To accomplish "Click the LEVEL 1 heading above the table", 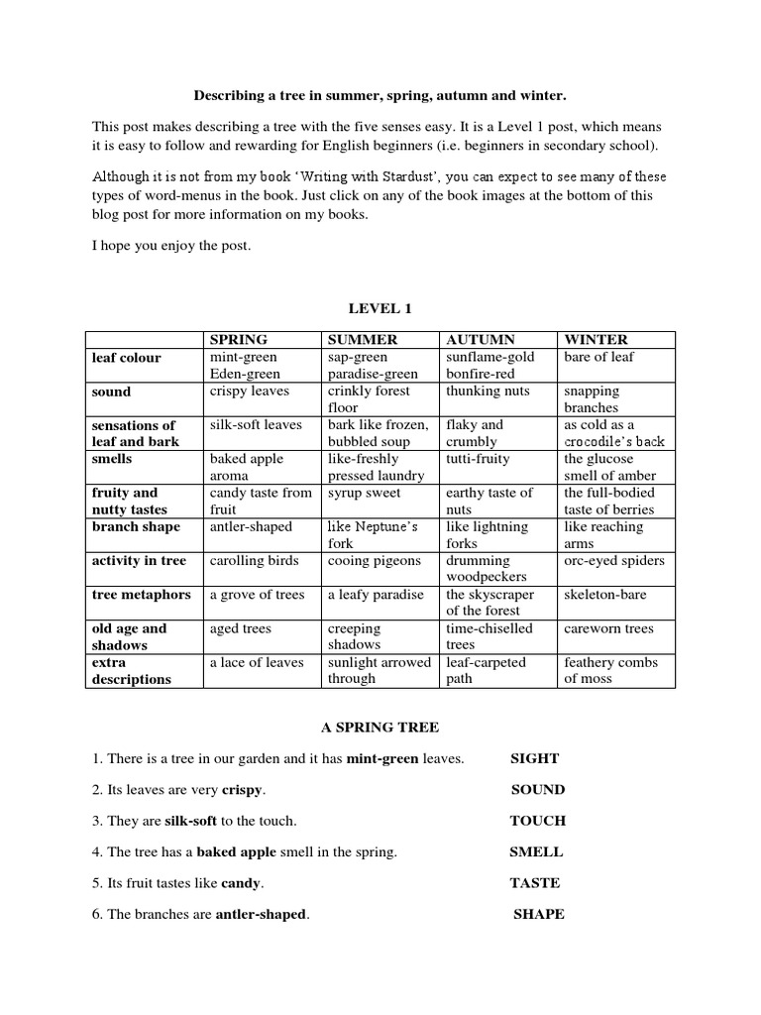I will (x=380, y=309).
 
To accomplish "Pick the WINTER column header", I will (x=596, y=339).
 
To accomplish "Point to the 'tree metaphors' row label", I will (x=142, y=595).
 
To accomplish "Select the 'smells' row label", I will (x=112, y=459).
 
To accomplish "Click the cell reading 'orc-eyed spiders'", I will (x=614, y=560).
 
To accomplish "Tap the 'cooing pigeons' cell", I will (x=375, y=560).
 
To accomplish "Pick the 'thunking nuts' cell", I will (x=489, y=391).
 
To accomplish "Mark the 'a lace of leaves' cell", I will (x=256, y=662).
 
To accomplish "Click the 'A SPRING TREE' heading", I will (x=380, y=728).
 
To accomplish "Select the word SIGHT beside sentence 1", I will (x=535, y=758).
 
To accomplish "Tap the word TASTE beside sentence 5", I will (x=535, y=882).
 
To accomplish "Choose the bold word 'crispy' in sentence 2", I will (x=243, y=790).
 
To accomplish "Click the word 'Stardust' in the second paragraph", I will (x=415, y=177).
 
